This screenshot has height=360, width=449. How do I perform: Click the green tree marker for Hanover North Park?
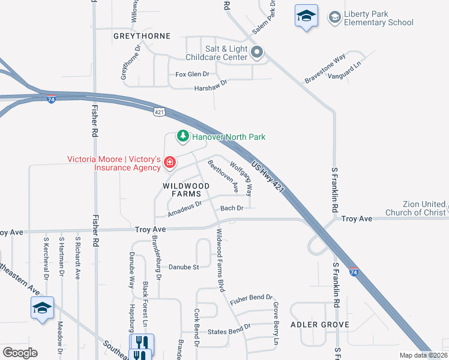pos(182,137)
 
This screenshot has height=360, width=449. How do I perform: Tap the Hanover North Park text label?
pos(229,137)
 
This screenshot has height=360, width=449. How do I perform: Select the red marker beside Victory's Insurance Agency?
pos(170,163)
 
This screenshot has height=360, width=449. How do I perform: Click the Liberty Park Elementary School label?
pos(379,18)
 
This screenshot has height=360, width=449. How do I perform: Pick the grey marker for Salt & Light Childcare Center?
pos(257,53)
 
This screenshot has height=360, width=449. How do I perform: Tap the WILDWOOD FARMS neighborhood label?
pos(187,190)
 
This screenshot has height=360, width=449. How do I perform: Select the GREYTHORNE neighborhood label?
pos(142,36)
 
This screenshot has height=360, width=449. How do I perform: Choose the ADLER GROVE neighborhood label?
pos(319,325)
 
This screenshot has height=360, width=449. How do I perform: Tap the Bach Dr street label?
pos(231,208)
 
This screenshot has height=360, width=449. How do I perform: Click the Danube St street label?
pos(183,266)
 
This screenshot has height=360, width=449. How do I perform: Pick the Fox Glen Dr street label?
pos(192,74)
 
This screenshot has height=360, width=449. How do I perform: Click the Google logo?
pos(20,353)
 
